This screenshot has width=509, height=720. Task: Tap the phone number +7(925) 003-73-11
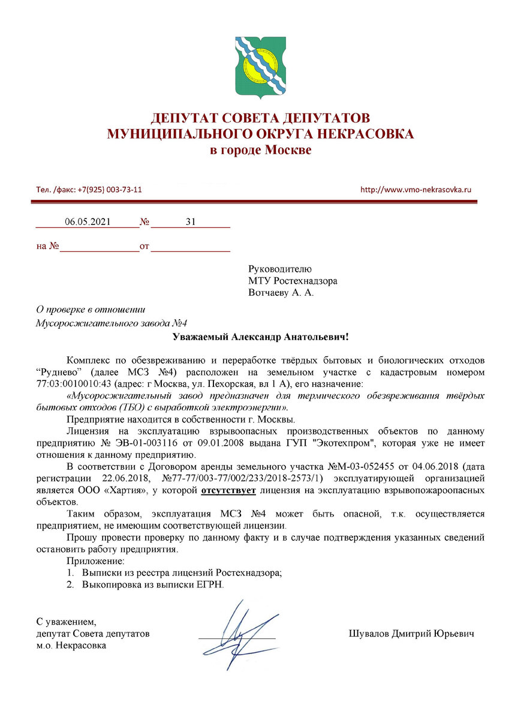110,190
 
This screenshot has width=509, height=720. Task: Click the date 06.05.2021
88,222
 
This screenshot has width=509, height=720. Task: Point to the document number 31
191,222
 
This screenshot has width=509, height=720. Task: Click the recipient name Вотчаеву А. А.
281,293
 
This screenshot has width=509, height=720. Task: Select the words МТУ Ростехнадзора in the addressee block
293,281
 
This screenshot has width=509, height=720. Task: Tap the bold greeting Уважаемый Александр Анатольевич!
260,338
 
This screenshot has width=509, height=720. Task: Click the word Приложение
95,561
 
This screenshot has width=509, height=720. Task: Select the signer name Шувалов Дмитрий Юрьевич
411,634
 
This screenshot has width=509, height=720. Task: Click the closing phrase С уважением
66,621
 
